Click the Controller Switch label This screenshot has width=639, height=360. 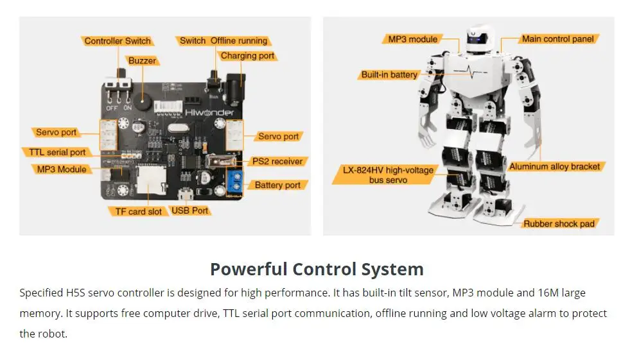pyautogui.click(x=118, y=41)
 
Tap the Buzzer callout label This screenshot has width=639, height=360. pyautogui.click(x=142, y=61)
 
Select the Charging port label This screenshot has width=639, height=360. pyautogui.click(x=247, y=56)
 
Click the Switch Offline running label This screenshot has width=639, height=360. pyautogui.click(x=223, y=41)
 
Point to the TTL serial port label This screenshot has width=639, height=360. pyautogui.click(x=57, y=152)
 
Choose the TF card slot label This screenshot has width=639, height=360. pyautogui.click(x=137, y=211)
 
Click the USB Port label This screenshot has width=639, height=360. pyautogui.click(x=190, y=210)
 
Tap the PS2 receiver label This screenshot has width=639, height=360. pyautogui.click(x=277, y=161)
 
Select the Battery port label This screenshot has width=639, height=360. pyautogui.click(x=277, y=185)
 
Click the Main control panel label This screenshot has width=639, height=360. pyautogui.click(x=557, y=39)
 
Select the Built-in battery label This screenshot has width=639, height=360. pyautogui.click(x=389, y=75)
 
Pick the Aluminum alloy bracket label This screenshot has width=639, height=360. pyautogui.click(x=554, y=167)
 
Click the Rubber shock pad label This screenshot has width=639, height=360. pyautogui.click(x=559, y=224)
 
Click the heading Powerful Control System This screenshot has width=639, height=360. pyautogui.click(x=317, y=269)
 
